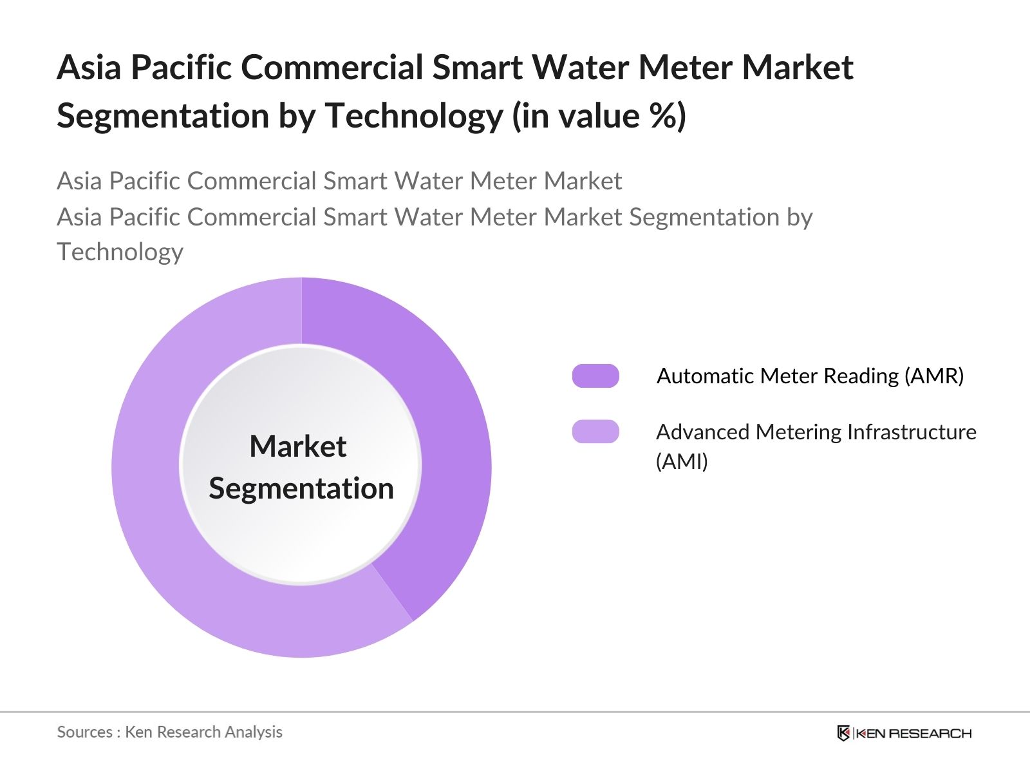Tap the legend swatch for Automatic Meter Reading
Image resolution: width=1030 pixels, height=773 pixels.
pyautogui.click(x=595, y=376)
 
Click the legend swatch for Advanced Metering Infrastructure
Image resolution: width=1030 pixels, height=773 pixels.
pyautogui.click(x=595, y=432)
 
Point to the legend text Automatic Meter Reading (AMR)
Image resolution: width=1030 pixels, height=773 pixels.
pyautogui.click(x=810, y=376)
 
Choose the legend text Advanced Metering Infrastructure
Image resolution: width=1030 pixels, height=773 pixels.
pyautogui.click(x=816, y=432)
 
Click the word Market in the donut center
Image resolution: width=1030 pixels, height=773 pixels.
pyautogui.click(x=298, y=446)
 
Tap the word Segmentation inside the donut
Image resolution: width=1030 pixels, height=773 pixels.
pyautogui.click(x=301, y=488)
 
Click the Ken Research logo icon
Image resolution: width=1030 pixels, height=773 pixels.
pyautogui.click(x=843, y=733)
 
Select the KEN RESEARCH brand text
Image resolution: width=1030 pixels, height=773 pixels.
pyautogui.click(x=913, y=733)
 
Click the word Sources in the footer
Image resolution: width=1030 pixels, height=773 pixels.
pyautogui.click(x=85, y=732)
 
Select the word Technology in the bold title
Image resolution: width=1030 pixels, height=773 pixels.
pyautogui.click(x=414, y=116)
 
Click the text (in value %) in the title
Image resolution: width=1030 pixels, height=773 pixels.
pyautogui.click(x=599, y=116)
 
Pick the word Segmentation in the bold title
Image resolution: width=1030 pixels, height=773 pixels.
pyautogui.click(x=163, y=116)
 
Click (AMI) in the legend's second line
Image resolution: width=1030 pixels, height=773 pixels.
pyautogui.click(x=682, y=461)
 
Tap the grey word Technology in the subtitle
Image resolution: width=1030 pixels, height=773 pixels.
pyautogui.click(x=120, y=252)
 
